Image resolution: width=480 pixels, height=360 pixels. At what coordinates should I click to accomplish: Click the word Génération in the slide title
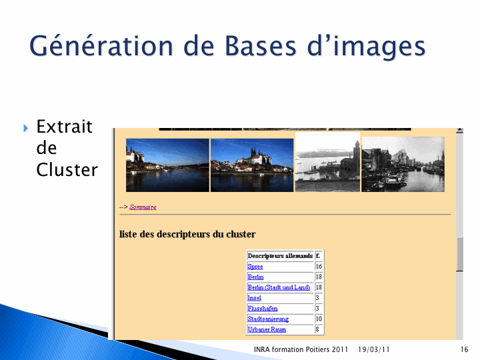point(101,47)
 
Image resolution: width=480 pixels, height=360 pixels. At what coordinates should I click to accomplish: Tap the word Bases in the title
point(261,46)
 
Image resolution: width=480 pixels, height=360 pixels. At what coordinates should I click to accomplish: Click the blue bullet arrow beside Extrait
point(26,128)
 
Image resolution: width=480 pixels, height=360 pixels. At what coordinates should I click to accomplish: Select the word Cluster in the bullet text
point(67,169)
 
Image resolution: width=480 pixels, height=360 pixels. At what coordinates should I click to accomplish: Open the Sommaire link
point(143,207)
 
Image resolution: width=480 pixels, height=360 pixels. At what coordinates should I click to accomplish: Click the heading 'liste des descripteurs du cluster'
point(187,234)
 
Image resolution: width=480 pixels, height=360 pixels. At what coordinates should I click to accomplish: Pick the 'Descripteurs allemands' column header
point(280,255)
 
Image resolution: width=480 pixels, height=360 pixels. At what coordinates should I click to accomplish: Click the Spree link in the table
point(255,266)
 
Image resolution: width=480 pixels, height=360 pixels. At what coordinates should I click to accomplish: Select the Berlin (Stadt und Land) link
point(279,287)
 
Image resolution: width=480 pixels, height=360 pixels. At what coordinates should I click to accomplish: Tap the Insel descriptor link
point(255,297)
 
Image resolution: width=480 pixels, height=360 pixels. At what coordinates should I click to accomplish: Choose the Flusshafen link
point(263,308)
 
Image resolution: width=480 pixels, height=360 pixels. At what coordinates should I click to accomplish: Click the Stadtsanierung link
point(268,319)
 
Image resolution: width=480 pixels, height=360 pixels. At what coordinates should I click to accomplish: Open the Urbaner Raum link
point(267,329)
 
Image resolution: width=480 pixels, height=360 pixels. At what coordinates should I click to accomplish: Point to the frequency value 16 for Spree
point(319,266)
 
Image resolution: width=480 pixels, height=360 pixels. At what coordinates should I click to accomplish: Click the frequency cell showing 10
point(319,319)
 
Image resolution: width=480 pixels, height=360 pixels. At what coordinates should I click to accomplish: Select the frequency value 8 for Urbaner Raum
point(317,329)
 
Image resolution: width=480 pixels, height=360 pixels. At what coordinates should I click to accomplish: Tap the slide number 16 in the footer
point(464,349)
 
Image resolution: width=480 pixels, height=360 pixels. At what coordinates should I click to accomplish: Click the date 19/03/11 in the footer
point(373,349)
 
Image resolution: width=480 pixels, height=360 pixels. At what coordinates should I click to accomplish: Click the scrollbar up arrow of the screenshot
point(459,131)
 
